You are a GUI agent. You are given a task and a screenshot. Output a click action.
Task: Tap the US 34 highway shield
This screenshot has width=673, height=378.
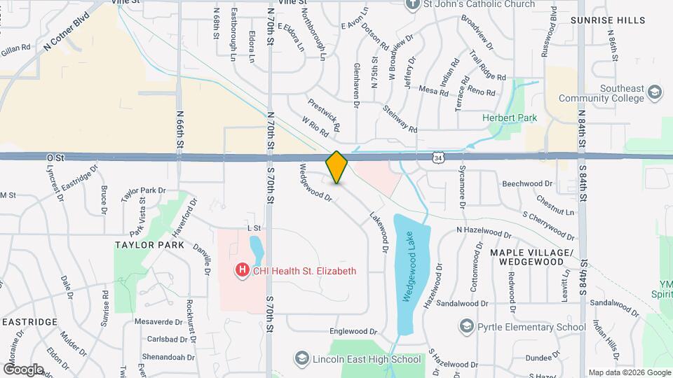438,158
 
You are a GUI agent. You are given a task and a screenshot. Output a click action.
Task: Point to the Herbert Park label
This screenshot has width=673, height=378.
510,118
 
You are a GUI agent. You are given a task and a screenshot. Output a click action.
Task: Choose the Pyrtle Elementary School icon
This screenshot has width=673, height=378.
466,326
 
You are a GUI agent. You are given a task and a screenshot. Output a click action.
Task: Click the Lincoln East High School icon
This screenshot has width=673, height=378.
301,359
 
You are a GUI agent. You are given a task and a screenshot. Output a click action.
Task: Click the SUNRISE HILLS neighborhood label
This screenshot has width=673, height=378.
607,20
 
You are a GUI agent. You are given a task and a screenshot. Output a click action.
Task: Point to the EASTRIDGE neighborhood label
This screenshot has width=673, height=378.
29,321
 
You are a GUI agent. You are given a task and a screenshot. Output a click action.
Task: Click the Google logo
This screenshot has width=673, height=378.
23,369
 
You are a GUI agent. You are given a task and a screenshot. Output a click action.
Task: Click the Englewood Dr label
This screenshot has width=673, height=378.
354,331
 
